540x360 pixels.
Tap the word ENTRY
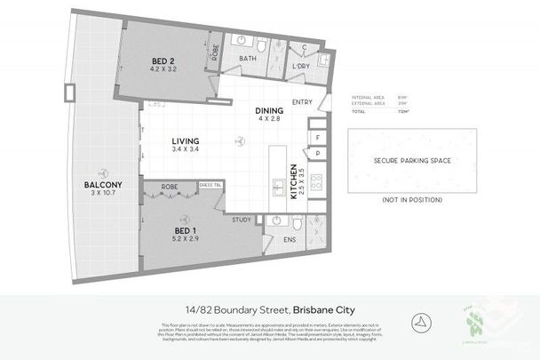pyautogui.click(x=301, y=100)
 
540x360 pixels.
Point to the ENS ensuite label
pyautogui.click(x=289, y=239)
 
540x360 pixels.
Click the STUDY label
pyautogui.click(x=242, y=219)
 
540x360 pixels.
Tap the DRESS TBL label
pyautogui.click(x=210, y=185)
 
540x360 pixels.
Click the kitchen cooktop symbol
pyautogui.click(x=316, y=188)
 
